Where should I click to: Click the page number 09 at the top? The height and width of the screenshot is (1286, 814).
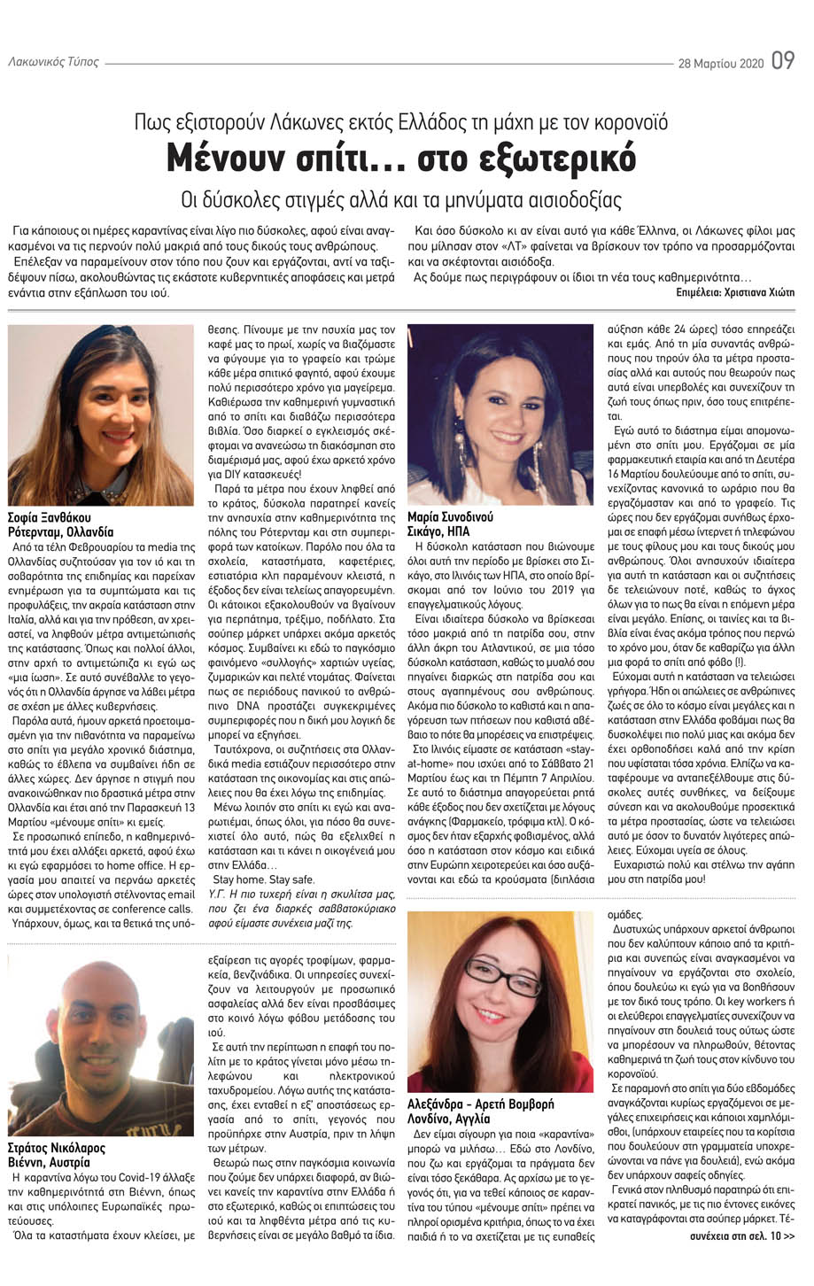[x=782, y=62]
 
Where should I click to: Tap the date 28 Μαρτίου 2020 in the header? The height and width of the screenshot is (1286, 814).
[x=720, y=64]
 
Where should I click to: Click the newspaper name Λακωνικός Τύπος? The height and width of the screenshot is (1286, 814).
[x=53, y=63]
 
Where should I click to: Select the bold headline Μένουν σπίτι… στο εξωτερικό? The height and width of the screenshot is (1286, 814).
[x=401, y=159]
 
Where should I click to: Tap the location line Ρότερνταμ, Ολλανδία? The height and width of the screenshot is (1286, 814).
[x=61, y=531]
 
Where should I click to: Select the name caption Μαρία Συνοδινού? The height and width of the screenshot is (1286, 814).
[x=450, y=516]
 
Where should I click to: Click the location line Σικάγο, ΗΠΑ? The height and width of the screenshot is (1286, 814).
[x=438, y=531]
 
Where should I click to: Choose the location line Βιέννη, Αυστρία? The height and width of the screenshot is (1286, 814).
[x=52, y=1162]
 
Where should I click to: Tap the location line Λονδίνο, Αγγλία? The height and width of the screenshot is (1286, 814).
[x=452, y=1119]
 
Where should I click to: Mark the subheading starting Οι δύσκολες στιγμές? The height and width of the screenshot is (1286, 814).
[x=401, y=199]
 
